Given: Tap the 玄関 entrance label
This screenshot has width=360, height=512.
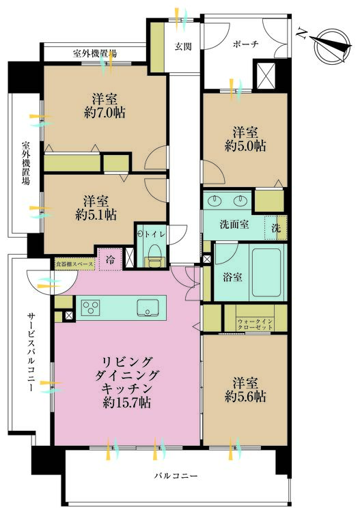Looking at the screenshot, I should pyautogui.click(x=183, y=46).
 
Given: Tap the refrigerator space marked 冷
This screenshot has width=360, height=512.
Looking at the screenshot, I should pyautogui.click(x=110, y=259).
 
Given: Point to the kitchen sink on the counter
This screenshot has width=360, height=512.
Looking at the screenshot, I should pyautogui.click(x=148, y=308).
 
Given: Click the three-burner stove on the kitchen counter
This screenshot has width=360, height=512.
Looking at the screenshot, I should pyautogui.click(x=91, y=308).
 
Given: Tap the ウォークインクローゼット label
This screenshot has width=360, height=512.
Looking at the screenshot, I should pyautogui.click(x=255, y=324).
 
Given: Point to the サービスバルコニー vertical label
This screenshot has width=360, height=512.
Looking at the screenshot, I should pyautogui.click(x=31, y=351).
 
